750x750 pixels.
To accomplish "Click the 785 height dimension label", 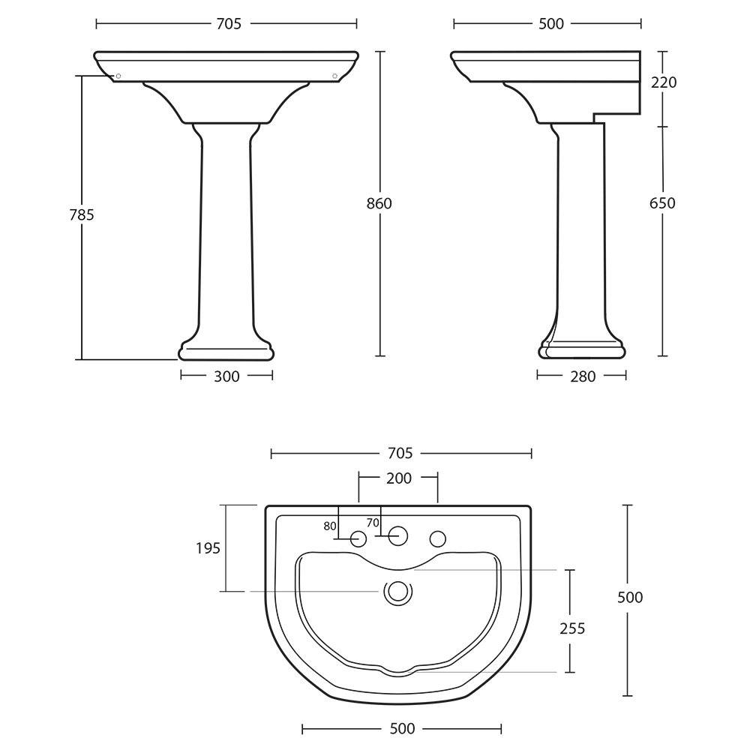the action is (82, 215).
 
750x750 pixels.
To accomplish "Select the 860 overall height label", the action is (379, 204).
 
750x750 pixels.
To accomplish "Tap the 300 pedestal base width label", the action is (226, 376).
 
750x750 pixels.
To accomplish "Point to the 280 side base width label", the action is (583, 376).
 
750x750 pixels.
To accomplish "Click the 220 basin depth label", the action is (664, 82).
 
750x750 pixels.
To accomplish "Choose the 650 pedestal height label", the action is (662, 203).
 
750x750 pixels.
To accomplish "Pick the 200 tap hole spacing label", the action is (399, 478).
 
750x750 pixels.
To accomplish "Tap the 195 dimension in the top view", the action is (208, 548).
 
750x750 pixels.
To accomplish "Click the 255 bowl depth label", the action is (572, 628).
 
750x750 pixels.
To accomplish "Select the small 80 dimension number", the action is (329, 526).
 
